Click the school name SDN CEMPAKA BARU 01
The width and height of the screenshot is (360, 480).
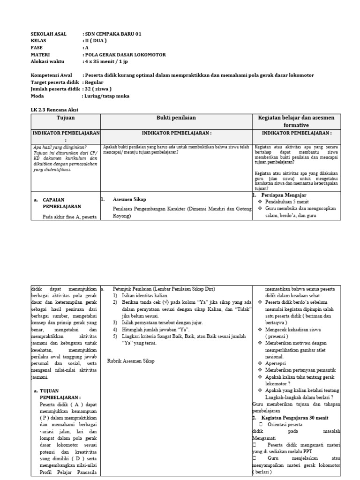113,34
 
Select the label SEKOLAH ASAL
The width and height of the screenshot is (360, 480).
49,34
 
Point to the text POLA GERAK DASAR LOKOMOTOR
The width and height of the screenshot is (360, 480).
125,54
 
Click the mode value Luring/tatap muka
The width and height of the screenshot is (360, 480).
107,96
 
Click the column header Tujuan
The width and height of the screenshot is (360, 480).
66,118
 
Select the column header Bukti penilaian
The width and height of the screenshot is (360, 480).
176,118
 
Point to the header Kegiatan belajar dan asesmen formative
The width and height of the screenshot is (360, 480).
296,121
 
